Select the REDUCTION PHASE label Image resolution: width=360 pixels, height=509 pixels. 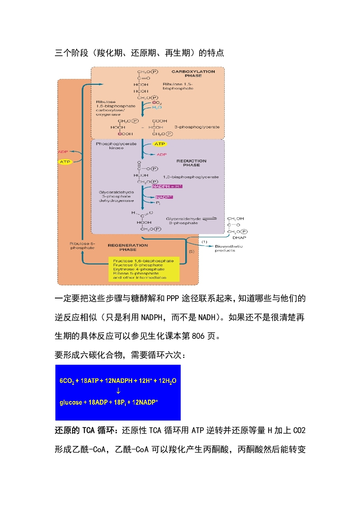(x=191, y=163)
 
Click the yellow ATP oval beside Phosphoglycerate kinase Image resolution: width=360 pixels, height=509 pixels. (x=159, y=144)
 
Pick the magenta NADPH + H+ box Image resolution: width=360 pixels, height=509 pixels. (x=168, y=186)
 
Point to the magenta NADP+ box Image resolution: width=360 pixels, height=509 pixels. (x=164, y=197)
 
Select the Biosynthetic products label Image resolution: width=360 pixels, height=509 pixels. (x=228, y=248)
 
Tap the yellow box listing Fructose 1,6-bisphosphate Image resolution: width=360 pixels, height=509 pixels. (x=143, y=269)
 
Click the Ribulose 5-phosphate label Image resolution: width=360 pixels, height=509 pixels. (x=82, y=245)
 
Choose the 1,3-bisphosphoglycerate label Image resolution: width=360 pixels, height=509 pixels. (x=191, y=176)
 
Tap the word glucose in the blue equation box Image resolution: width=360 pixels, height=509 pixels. (x=71, y=402)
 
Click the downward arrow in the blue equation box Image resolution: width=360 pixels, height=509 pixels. (x=118, y=391)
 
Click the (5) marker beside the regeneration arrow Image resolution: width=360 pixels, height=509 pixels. (x=191, y=251)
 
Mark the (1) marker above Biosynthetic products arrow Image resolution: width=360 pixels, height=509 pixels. (x=204, y=241)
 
